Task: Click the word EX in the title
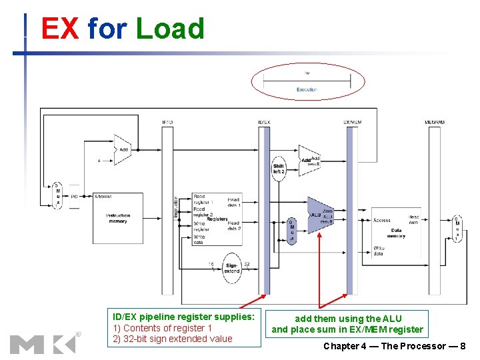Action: click(x=59, y=29)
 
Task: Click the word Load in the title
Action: click(x=169, y=29)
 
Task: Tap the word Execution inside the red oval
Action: click(x=307, y=89)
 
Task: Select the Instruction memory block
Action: click(x=117, y=217)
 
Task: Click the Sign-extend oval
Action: click(x=231, y=268)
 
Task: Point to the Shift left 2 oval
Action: click(x=279, y=169)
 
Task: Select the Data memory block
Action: click(x=396, y=231)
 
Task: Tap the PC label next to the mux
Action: click(x=74, y=197)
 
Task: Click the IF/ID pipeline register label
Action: click(x=167, y=122)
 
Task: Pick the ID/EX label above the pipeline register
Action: click(x=264, y=122)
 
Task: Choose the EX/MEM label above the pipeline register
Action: click(x=352, y=122)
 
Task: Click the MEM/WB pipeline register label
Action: click(x=435, y=122)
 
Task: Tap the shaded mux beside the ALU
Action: click(x=291, y=231)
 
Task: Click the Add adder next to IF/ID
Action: click(x=123, y=150)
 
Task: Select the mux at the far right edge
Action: click(x=457, y=229)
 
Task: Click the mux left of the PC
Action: click(x=57, y=195)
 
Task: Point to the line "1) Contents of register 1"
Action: click(x=162, y=327)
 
